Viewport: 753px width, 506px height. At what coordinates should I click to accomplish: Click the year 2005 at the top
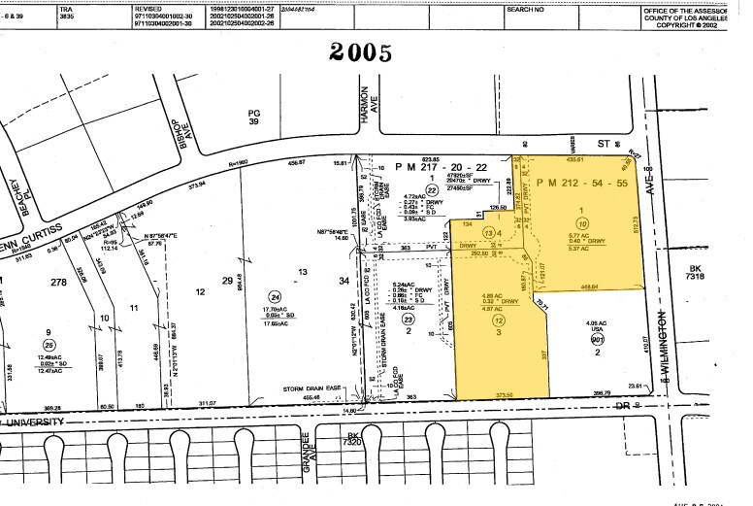(x=360, y=52)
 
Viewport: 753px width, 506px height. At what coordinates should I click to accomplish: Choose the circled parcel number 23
(x=409, y=319)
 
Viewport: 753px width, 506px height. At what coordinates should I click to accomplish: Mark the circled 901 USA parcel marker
(x=598, y=340)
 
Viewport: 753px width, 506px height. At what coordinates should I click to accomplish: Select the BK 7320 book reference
(x=354, y=440)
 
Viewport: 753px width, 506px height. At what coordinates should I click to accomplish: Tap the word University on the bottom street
(x=35, y=422)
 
